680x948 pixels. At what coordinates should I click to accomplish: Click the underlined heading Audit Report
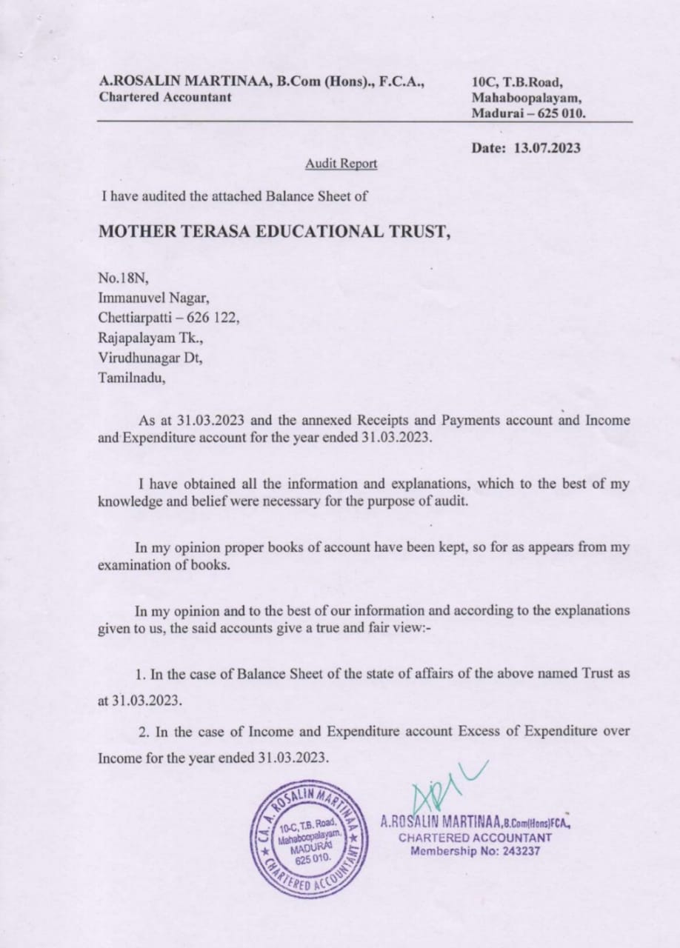click(x=341, y=164)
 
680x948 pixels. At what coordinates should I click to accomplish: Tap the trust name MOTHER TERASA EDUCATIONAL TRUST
click(x=274, y=230)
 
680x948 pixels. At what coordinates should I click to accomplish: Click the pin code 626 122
click(x=214, y=318)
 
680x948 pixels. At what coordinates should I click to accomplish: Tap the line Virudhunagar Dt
click(x=150, y=358)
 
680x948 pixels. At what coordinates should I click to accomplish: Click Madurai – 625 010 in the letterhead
click(x=528, y=113)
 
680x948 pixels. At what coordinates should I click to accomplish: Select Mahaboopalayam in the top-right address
click(x=526, y=98)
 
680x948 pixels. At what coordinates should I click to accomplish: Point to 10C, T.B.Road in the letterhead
click(x=517, y=82)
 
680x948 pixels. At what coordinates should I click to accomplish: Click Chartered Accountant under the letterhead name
click(x=164, y=97)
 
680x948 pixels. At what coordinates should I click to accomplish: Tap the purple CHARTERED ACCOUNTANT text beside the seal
click(x=475, y=837)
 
